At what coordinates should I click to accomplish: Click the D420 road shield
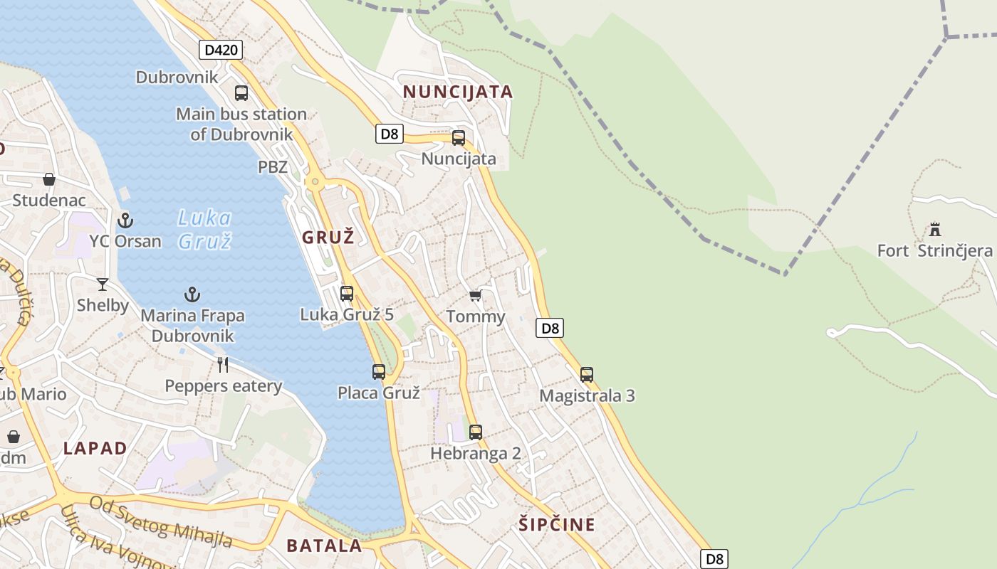tap(221, 50)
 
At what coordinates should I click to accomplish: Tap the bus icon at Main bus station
tap(241, 92)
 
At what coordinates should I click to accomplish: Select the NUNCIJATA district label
tap(458, 92)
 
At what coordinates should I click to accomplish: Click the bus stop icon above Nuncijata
tap(459, 138)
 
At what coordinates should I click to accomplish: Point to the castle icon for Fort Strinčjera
tap(935, 230)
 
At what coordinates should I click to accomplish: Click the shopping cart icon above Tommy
tap(475, 296)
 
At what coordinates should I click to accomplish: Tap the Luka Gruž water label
tap(204, 229)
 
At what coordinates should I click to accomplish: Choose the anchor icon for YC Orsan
tap(125, 220)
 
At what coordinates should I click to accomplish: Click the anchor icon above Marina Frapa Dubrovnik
tap(192, 294)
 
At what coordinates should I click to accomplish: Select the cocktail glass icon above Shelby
tap(103, 284)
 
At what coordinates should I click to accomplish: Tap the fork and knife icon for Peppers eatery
tap(223, 365)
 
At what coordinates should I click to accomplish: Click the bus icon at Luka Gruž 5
tap(347, 293)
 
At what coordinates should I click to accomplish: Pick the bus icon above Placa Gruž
tap(379, 371)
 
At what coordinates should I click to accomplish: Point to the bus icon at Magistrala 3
tap(587, 374)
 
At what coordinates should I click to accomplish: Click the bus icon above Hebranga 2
tap(476, 432)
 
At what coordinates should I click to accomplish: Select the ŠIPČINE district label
tap(557, 525)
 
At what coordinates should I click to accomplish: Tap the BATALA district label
tap(324, 546)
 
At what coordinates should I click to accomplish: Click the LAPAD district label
tap(95, 449)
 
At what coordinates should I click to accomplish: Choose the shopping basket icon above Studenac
tap(49, 179)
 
